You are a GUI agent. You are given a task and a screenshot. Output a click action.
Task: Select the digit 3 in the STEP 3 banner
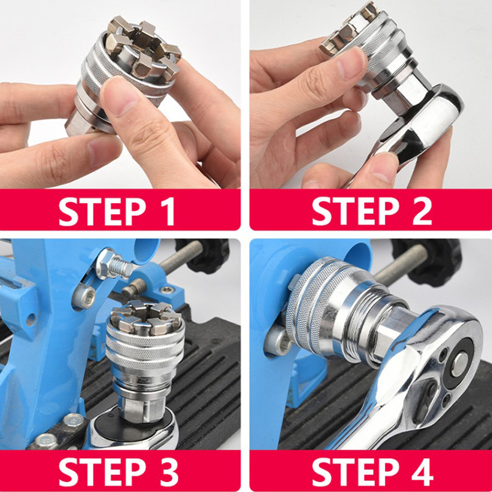[168, 472]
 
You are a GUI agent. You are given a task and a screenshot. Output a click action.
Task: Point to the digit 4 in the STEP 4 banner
[423, 472]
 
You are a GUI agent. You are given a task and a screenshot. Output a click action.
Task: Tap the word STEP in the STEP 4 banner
[355, 472]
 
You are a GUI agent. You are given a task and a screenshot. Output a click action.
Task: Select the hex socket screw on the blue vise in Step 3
[85, 296]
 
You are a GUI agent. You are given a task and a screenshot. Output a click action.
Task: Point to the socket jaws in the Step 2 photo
[348, 30]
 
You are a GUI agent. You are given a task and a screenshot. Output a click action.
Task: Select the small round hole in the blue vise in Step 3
[31, 320]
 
